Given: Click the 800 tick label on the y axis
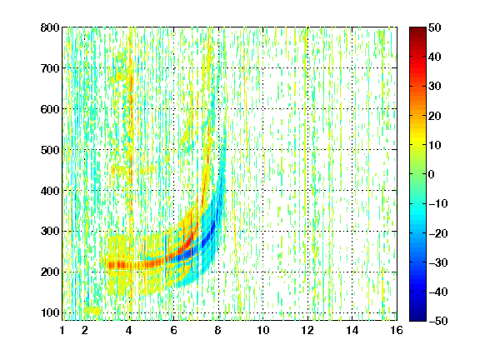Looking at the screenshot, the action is click(50, 27).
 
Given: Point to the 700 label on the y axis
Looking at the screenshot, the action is click(50, 68).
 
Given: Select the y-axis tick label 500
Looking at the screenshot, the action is click(50, 150).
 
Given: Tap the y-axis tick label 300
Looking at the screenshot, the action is click(50, 231).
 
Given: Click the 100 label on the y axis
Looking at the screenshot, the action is click(50, 312).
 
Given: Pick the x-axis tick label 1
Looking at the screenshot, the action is click(62, 330).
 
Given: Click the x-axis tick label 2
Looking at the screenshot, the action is click(85, 330).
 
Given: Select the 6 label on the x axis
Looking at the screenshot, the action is click(173, 330).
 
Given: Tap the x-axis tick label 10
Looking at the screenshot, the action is click(262, 330).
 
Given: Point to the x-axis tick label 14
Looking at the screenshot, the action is click(352, 330).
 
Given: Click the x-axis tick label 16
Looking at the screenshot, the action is click(397, 330).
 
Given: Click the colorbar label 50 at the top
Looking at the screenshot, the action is click(435, 27).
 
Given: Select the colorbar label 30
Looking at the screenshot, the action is click(435, 86).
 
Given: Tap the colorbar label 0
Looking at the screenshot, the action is click(432, 174).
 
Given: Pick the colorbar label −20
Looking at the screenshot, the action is click(438, 233).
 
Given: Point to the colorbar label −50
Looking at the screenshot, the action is click(438, 321).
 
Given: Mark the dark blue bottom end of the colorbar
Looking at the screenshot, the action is click(417, 318).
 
